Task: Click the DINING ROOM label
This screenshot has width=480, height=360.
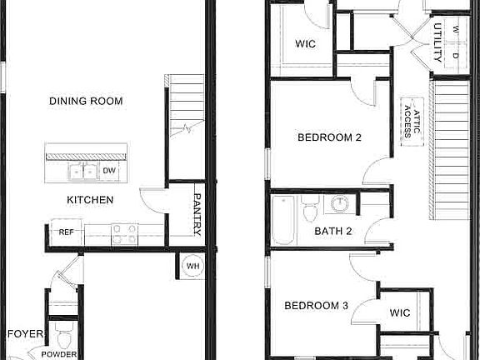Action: tap(86, 101)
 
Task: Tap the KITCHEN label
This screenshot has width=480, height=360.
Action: tap(91, 200)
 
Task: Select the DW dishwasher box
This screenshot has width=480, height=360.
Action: tap(109, 171)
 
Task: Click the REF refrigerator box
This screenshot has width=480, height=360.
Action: tap(67, 232)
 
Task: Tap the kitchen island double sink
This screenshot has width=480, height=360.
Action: tap(82, 172)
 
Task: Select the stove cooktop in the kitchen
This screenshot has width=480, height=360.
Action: tap(124, 234)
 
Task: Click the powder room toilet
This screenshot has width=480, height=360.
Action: tap(63, 338)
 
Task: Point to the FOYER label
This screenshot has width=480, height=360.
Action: tap(25, 334)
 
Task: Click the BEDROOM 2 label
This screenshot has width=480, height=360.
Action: tap(330, 138)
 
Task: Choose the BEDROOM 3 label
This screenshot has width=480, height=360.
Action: tap(316, 306)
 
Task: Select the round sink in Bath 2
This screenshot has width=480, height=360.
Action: tap(340, 205)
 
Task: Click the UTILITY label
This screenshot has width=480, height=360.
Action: tap(437, 44)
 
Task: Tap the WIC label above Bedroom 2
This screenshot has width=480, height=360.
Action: tap(305, 44)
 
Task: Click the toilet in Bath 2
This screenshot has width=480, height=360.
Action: tap(311, 212)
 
